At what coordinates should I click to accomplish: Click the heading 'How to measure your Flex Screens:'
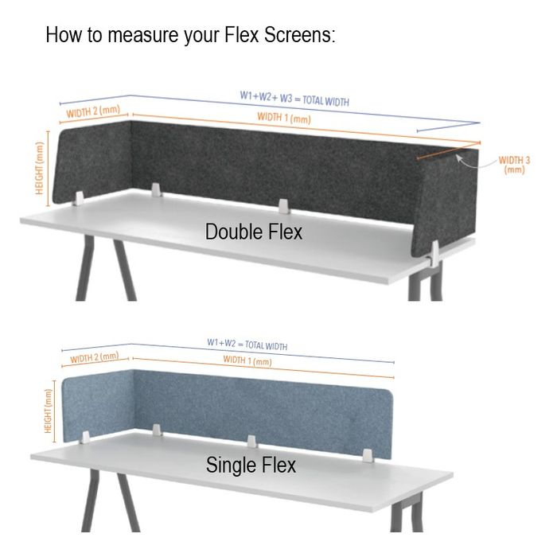click(x=190, y=35)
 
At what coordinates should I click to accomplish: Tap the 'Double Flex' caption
click(x=254, y=232)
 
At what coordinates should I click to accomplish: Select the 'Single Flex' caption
click(x=251, y=465)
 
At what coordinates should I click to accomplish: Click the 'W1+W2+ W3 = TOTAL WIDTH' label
click(x=294, y=99)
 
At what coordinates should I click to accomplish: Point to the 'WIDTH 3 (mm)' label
click(x=514, y=165)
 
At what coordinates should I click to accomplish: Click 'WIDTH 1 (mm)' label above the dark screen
click(x=284, y=118)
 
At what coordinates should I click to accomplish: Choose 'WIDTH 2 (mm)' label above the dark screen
click(x=93, y=111)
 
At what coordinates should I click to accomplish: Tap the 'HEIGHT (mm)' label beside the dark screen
click(x=39, y=168)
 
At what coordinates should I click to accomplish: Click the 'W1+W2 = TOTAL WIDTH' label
click(x=247, y=345)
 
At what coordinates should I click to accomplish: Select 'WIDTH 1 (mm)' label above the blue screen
click(x=247, y=360)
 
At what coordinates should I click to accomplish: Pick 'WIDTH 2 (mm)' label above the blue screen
click(x=95, y=358)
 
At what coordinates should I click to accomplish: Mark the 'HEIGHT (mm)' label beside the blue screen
click(x=48, y=411)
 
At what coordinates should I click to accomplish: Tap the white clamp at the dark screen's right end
click(x=434, y=255)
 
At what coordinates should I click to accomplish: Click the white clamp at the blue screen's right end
click(x=368, y=455)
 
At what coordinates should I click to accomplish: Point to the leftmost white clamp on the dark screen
click(x=79, y=199)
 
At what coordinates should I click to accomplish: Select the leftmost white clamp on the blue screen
click(x=85, y=438)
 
